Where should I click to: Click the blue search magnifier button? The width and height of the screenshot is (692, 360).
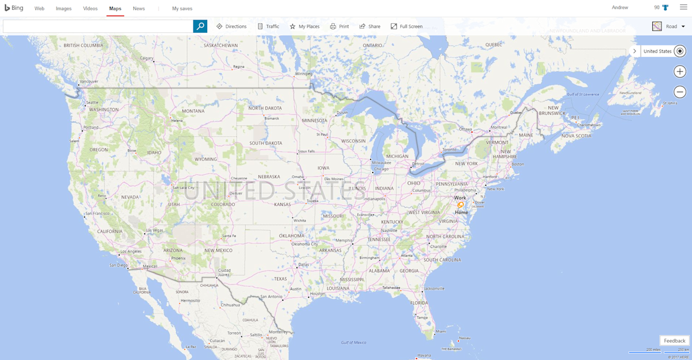(x=200, y=26)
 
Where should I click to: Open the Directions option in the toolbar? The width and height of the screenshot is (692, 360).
(x=231, y=27)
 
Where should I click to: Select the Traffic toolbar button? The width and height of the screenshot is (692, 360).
(x=268, y=27)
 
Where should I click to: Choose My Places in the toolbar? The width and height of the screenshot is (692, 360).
(x=304, y=27)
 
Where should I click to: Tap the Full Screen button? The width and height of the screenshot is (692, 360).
(x=406, y=27)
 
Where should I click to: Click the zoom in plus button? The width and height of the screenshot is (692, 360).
(x=680, y=72)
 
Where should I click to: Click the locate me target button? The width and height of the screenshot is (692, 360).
(x=680, y=51)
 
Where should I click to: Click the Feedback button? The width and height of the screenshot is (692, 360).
(x=674, y=341)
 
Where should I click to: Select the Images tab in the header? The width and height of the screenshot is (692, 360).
(x=63, y=9)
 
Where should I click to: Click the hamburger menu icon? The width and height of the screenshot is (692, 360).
(x=683, y=7)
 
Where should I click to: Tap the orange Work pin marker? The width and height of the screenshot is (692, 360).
(x=461, y=204)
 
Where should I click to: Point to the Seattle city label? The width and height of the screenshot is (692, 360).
(x=92, y=103)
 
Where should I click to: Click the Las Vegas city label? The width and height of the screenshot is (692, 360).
(x=155, y=230)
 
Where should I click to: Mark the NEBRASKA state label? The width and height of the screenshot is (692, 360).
(x=269, y=177)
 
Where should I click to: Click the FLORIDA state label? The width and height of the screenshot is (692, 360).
(x=419, y=302)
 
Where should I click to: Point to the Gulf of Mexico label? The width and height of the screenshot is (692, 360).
(x=353, y=342)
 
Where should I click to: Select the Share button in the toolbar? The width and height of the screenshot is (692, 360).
(x=369, y=27)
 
